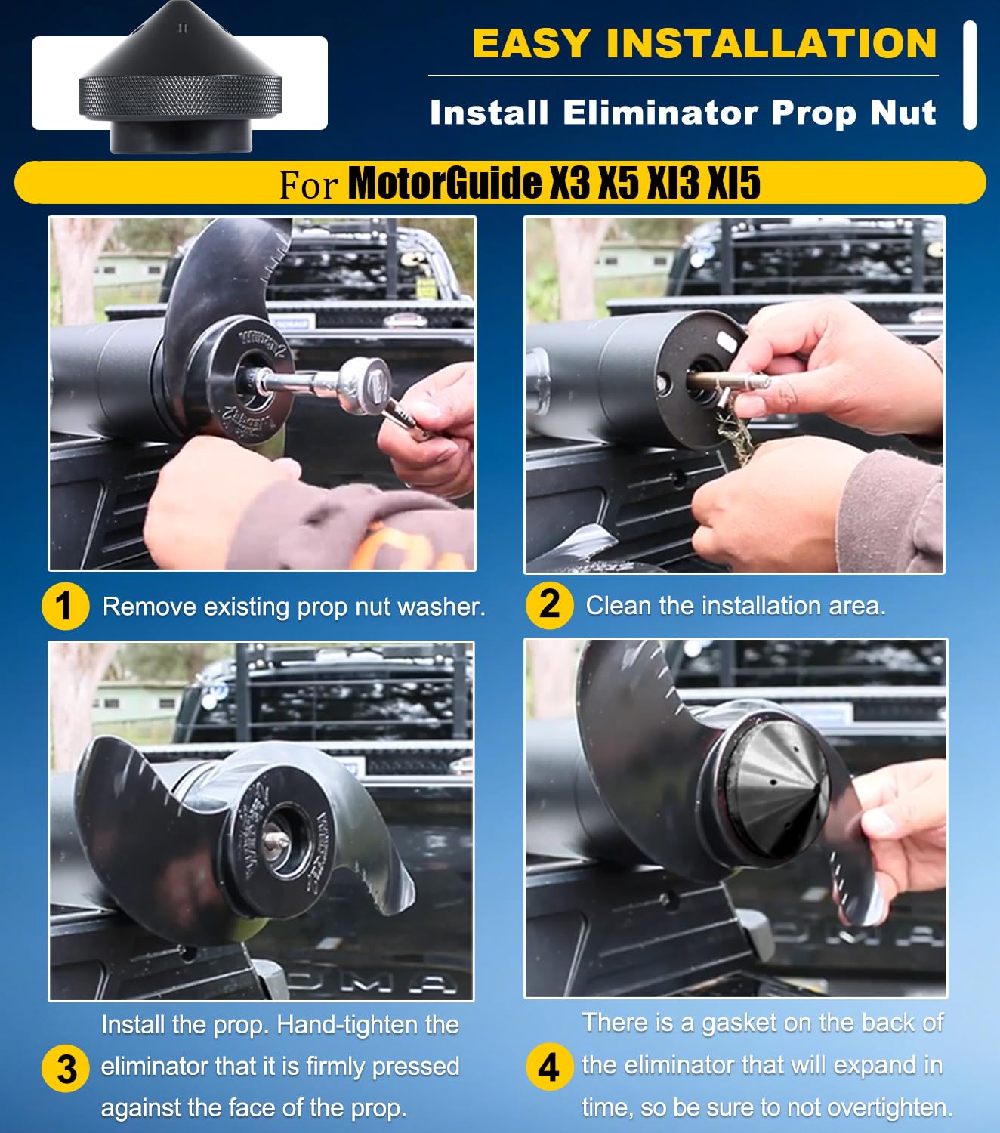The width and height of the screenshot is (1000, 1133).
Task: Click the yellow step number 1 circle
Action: (x=66, y=607)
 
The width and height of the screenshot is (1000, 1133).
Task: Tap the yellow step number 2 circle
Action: (x=549, y=606)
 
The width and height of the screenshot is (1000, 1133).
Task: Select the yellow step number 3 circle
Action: (x=66, y=1069)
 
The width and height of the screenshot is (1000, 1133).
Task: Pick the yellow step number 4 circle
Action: (x=549, y=1067)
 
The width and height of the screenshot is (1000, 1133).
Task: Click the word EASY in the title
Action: (x=532, y=43)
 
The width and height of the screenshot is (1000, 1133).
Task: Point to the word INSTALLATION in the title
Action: (x=772, y=43)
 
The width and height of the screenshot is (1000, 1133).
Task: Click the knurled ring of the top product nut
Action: (x=180, y=96)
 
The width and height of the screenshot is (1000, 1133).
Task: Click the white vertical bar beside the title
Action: (x=971, y=76)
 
